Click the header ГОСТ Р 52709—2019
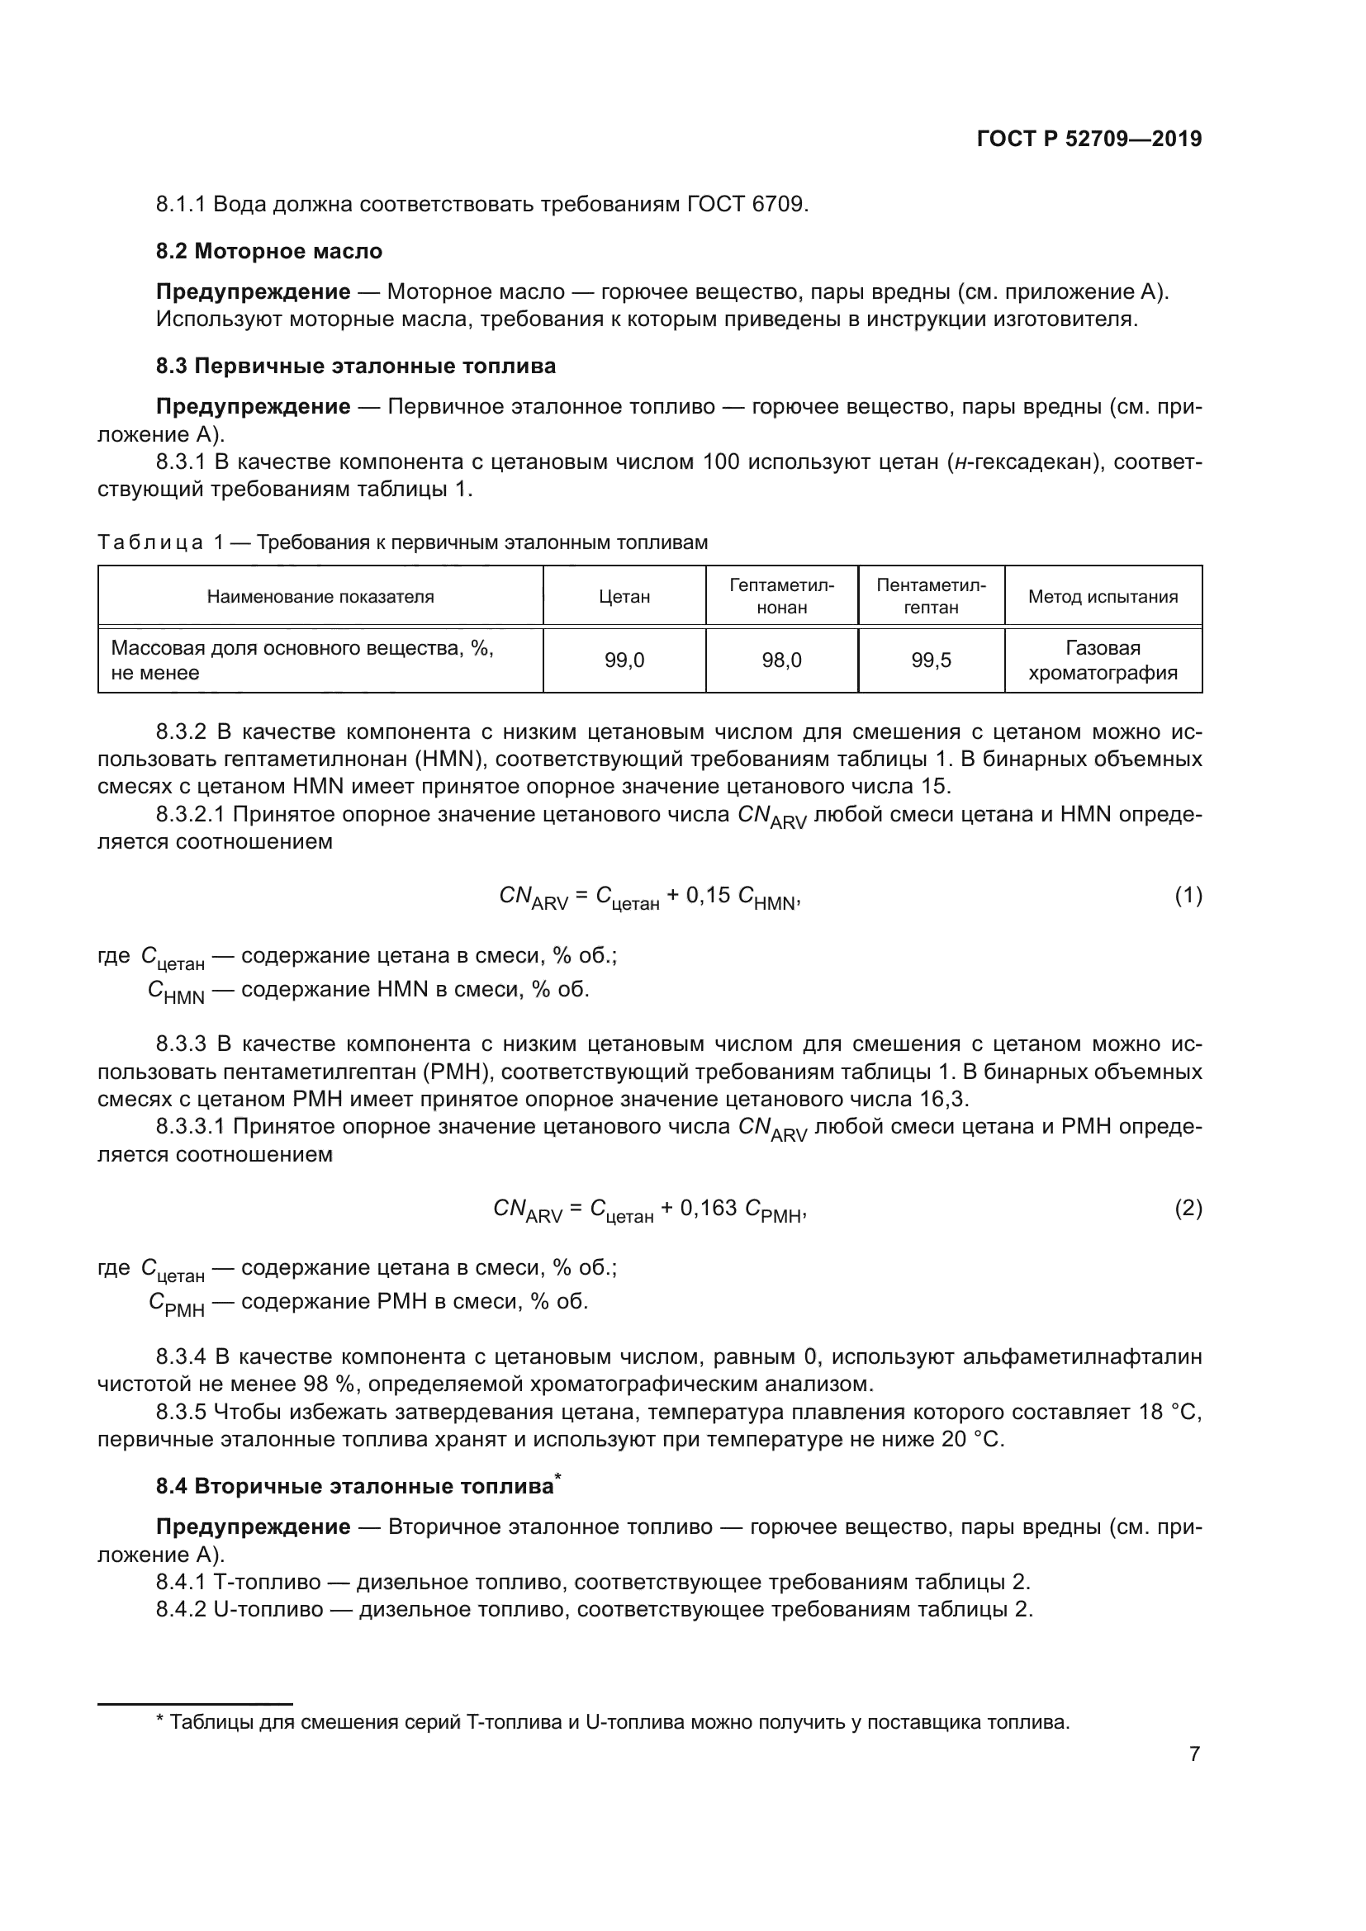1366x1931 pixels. point(1089,139)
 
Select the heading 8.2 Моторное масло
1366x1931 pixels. point(269,251)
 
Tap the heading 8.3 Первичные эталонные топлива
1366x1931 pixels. point(356,366)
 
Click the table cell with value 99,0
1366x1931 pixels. point(624,660)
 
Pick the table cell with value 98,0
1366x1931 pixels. point(781,660)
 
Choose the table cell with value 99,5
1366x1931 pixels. point(931,660)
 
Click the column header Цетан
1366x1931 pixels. point(624,596)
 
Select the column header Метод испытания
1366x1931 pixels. point(1103,596)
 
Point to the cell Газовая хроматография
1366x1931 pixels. point(1103,660)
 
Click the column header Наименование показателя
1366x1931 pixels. point(320,596)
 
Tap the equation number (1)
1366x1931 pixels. point(1188,896)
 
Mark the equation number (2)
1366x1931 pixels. point(1188,1209)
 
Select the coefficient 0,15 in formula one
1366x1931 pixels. point(709,896)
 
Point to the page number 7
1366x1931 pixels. point(1194,1754)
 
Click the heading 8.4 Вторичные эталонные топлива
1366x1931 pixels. point(355,1486)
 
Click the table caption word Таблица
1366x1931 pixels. point(150,542)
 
